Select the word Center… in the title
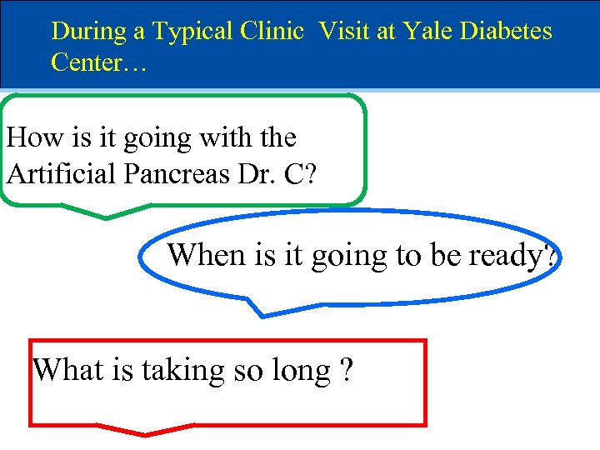(x=98, y=62)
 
